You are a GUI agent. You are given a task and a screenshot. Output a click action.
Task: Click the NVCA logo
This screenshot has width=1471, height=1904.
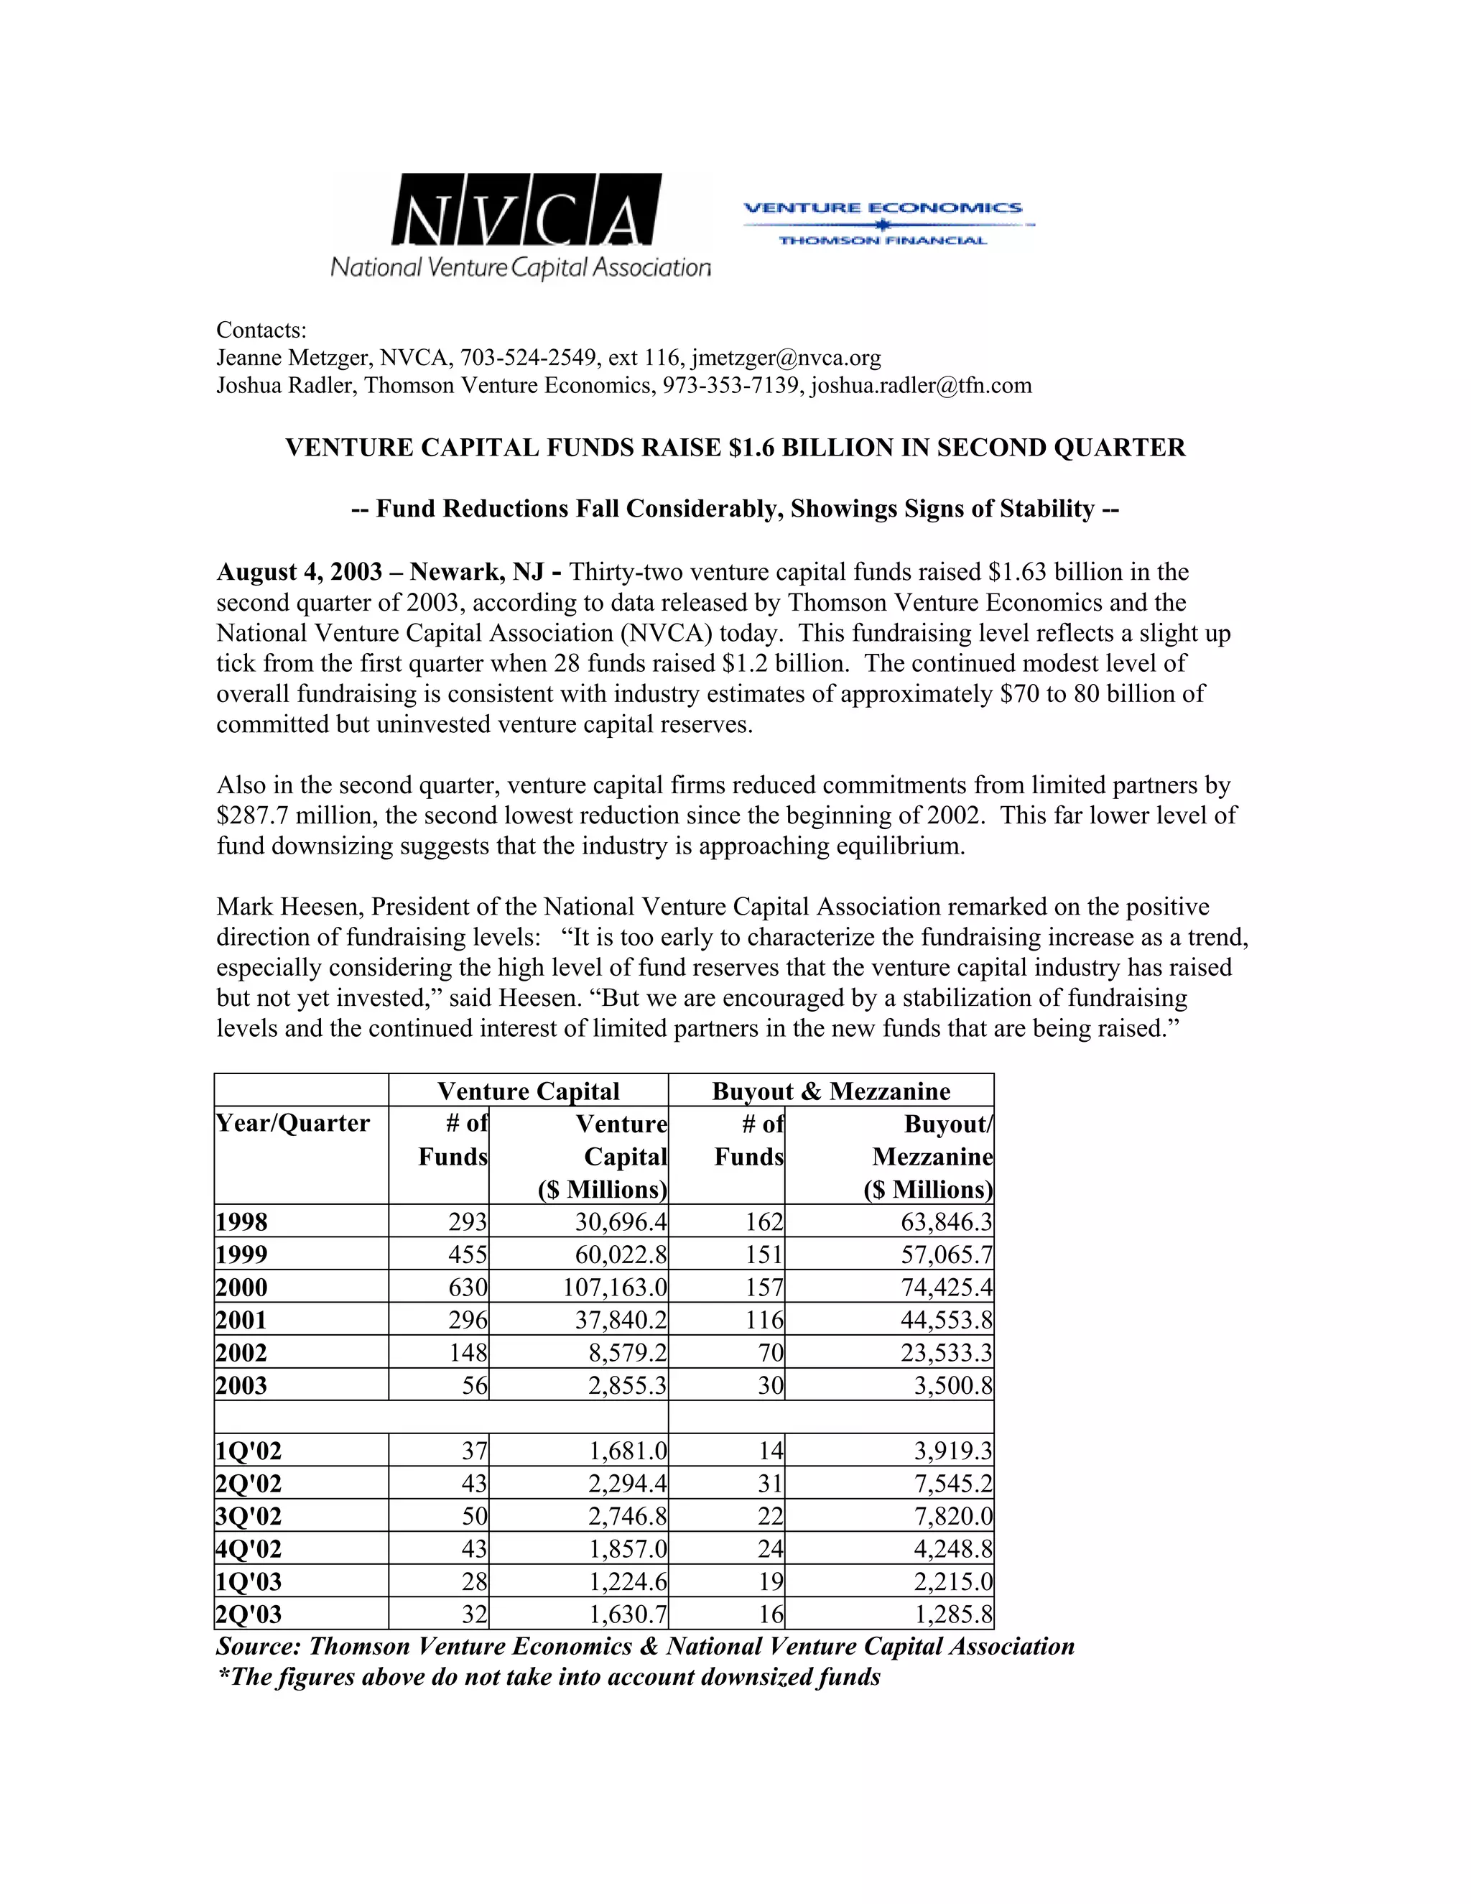point(521,225)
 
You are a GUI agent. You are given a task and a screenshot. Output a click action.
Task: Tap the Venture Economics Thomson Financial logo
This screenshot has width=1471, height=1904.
point(883,224)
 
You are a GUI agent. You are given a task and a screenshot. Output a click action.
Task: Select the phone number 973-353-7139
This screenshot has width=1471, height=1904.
point(730,385)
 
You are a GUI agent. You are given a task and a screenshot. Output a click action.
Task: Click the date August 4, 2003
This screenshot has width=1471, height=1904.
point(299,572)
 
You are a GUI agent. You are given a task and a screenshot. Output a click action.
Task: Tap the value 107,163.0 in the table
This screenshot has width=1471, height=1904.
point(614,1288)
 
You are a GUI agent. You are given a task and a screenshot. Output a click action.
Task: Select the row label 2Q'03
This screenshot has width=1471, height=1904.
point(249,1614)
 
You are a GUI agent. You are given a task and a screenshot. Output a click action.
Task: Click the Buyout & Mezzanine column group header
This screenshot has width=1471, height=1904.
point(830,1091)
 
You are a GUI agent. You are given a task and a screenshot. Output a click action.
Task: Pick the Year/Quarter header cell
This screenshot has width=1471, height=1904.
point(293,1123)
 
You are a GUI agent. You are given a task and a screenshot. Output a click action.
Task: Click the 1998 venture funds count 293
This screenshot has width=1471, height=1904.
point(467,1222)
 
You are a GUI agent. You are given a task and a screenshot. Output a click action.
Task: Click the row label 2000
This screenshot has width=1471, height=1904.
point(242,1288)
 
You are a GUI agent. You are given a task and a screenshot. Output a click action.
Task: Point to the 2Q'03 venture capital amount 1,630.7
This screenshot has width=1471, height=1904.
point(628,1614)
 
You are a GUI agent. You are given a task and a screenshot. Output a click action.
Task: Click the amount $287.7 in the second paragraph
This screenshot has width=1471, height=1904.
point(249,816)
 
